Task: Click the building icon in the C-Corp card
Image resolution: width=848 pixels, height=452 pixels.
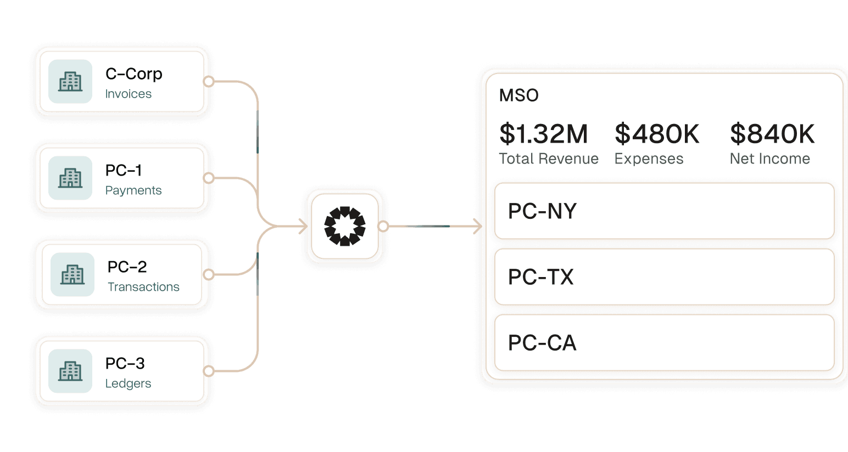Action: coord(70,82)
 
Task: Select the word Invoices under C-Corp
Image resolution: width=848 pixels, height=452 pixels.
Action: coord(128,94)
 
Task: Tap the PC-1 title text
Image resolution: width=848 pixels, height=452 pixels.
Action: coord(124,171)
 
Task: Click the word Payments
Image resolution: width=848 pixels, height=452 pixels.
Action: coord(133,190)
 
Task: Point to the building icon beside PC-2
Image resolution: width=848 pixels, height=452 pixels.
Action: coord(72,274)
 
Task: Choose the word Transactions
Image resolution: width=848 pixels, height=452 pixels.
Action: coord(143,287)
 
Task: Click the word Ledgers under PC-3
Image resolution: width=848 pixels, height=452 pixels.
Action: coord(128,383)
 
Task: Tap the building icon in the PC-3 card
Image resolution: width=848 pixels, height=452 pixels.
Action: coord(70,371)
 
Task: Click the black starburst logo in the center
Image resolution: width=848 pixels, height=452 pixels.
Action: coord(345,226)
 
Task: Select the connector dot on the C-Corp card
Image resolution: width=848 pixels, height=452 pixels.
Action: coord(209,82)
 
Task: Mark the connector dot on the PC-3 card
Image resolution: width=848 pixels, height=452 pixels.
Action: coord(209,371)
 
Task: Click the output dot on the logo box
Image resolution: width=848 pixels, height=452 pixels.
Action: coord(383,226)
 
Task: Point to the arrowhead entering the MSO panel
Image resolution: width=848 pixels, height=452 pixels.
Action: coord(477,226)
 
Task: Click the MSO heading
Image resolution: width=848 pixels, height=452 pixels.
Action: coord(518,95)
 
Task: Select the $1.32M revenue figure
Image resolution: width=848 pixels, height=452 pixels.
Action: coord(543,134)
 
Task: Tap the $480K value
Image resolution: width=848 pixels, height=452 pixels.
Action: coord(657,134)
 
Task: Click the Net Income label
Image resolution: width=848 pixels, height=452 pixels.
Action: coord(769,159)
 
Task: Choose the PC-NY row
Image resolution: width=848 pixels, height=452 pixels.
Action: coord(664,211)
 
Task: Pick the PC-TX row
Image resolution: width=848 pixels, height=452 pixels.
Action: coord(664,277)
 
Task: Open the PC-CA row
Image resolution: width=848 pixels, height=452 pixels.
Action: coord(664,343)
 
